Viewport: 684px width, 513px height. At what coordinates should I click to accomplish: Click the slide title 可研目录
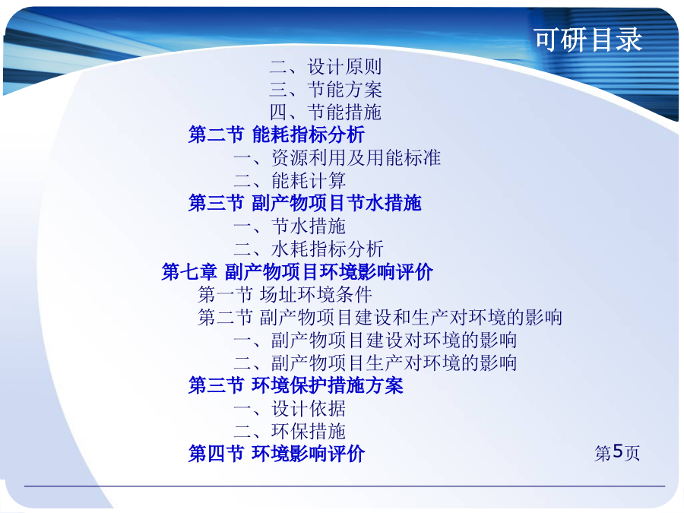(x=588, y=40)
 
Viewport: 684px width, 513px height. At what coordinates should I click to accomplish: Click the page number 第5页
(x=617, y=453)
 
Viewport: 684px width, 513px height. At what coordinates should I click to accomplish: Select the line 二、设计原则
(x=325, y=67)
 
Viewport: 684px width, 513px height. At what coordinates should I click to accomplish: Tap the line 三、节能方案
(x=325, y=90)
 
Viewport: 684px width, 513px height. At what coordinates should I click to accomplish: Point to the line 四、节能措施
(x=325, y=112)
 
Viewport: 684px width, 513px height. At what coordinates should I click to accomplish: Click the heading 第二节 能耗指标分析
(x=277, y=135)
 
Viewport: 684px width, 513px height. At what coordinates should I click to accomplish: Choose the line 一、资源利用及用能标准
(x=337, y=157)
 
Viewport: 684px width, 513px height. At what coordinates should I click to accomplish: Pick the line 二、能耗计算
(x=290, y=180)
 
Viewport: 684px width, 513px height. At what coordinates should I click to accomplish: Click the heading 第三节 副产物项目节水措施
(x=305, y=203)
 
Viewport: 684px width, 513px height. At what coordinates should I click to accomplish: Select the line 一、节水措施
(x=290, y=226)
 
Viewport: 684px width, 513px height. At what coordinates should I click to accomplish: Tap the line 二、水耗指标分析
(x=308, y=249)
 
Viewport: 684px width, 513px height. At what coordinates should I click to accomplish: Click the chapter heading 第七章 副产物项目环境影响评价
(x=297, y=272)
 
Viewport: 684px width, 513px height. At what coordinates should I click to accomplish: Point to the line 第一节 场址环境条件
(x=285, y=294)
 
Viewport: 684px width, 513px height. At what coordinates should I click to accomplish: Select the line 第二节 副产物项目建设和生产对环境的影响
(x=380, y=317)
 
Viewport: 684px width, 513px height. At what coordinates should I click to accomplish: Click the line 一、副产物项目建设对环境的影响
(x=375, y=340)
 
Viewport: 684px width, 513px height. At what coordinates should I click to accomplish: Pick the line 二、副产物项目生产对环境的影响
(x=375, y=363)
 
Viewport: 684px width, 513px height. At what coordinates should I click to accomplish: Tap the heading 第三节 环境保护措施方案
(x=296, y=385)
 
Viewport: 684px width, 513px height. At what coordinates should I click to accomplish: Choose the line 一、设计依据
(x=290, y=409)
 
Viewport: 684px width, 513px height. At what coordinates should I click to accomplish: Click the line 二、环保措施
(x=290, y=432)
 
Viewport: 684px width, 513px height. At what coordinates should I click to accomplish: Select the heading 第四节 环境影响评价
(x=277, y=454)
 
